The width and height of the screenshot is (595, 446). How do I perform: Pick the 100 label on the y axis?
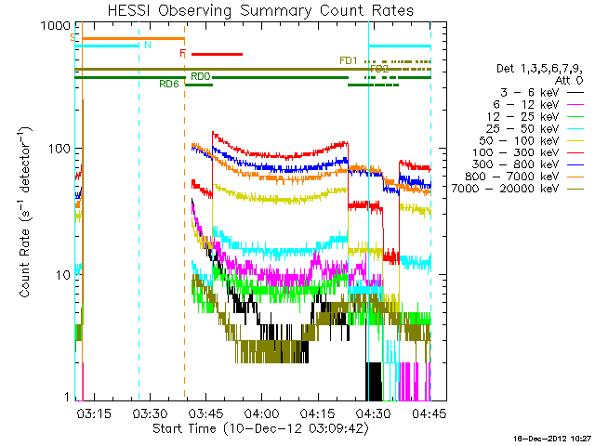tap(52, 149)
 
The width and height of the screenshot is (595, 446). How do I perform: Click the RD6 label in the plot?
tap(169, 85)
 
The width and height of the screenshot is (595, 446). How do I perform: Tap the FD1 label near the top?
tap(349, 61)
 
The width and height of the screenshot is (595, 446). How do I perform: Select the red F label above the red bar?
tap(183, 54)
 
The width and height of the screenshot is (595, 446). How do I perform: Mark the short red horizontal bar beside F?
tap(217, 54)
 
